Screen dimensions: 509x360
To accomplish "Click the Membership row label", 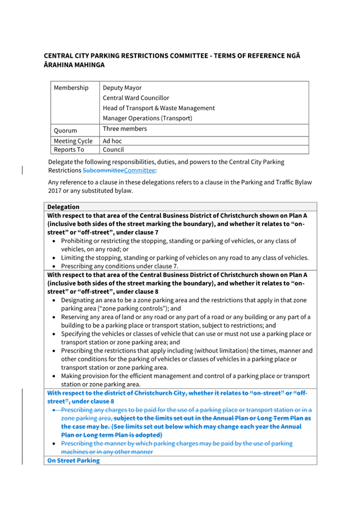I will coord(71,88).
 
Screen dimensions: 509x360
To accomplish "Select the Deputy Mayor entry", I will coord(122,88).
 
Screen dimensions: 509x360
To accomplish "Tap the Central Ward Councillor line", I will coord(135,98).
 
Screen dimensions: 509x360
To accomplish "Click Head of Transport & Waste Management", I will coord(158,108).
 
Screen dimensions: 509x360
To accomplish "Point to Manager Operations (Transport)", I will coord(147,118).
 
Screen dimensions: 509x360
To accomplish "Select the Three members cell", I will coord(124,129).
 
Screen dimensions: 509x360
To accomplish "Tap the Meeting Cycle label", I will coord(73,141).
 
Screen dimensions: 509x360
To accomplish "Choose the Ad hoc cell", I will coord(113,141).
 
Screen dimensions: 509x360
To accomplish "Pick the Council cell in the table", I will coord(113,150).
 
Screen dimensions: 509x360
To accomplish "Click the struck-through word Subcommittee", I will coord(103,171).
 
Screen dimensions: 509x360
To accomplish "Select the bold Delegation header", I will coord(63,207).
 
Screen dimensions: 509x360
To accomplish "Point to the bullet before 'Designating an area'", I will coord(54,301).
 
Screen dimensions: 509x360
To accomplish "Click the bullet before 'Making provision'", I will coord(54,376).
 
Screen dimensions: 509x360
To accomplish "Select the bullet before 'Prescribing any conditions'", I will coord(54,266).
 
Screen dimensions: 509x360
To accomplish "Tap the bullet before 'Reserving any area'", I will coord(54,317).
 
